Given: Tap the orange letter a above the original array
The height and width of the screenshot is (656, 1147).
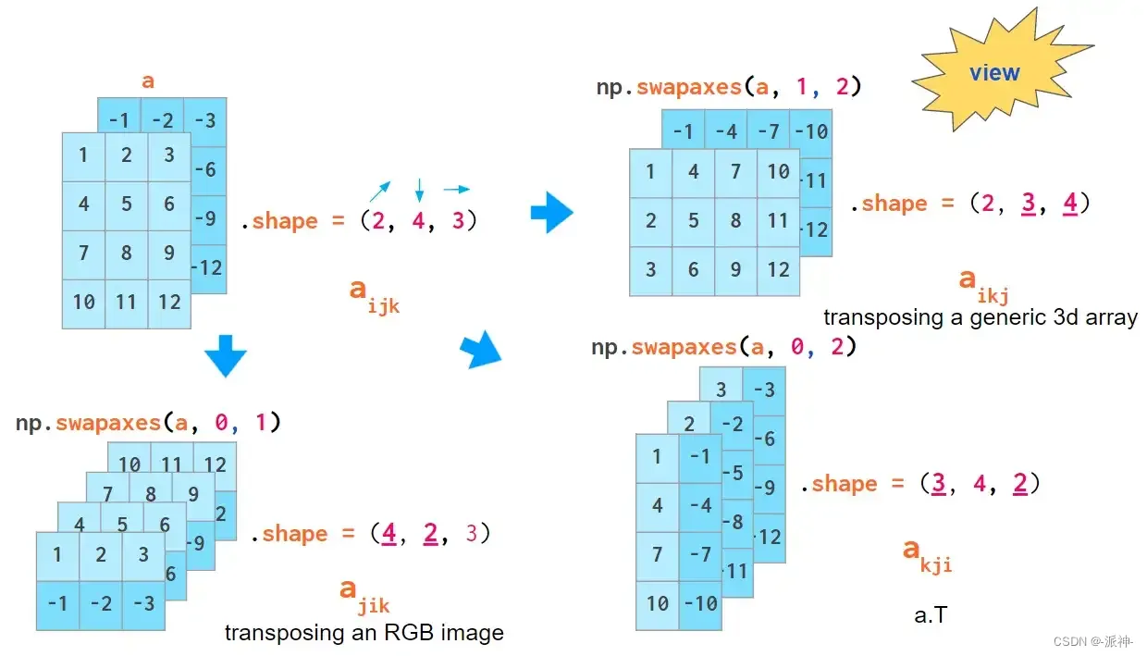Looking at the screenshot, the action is [148, 81].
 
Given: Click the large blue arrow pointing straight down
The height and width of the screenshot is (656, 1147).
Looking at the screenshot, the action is [226, 355].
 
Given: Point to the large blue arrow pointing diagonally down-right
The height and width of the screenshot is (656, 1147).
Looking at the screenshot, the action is [480, 351].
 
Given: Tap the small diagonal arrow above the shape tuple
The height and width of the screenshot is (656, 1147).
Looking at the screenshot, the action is [379, 192].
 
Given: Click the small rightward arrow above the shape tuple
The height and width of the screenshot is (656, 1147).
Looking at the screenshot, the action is [456, 190].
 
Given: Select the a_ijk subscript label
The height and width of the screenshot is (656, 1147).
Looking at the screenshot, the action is [374, 294].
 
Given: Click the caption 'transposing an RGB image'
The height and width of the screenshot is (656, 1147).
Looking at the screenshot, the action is [364, 633].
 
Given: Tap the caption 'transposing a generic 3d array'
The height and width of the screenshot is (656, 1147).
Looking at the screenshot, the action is [980, 317].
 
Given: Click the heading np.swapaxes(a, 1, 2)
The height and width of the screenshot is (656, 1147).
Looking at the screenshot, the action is [729, 87].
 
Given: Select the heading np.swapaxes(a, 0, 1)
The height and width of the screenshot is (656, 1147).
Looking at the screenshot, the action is [148, 423].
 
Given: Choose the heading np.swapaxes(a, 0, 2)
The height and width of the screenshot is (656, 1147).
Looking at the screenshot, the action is [724, 347].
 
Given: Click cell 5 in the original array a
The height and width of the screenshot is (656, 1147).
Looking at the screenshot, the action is [126, 204].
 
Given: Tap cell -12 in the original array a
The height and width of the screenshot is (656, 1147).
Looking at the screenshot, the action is [208, 267].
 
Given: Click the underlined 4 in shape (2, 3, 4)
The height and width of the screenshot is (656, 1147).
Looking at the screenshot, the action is [1069, 203].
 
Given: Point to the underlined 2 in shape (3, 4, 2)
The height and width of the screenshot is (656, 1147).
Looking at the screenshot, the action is [1019, 483].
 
